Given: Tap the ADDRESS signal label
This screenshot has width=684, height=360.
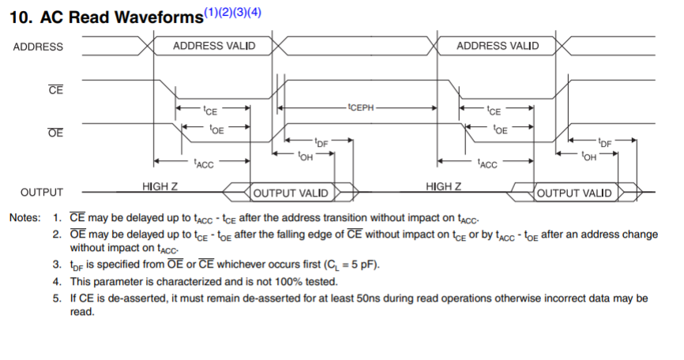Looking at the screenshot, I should click(38, 47).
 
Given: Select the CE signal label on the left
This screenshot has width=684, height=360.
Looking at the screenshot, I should click(55, 90).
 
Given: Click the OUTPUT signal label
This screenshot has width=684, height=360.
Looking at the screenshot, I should click(42, 193).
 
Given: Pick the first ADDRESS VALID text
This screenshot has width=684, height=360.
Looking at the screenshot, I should click(214, 46).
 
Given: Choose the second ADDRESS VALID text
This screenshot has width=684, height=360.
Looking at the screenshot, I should click(498, 46).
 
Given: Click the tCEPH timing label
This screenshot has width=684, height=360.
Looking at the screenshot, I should click(360, 105).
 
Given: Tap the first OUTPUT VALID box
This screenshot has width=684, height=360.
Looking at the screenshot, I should click(290, 193).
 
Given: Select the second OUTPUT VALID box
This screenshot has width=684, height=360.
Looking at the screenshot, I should click(573, 193).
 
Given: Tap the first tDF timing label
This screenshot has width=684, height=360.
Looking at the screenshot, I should click(321, 142).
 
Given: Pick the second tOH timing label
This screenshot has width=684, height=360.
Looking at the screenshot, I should click(588, 156).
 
